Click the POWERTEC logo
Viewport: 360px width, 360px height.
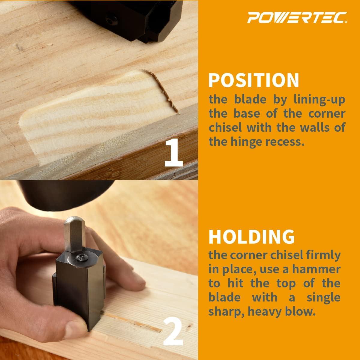298,18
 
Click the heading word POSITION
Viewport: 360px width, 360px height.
254,80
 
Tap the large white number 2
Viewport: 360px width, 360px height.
173,332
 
